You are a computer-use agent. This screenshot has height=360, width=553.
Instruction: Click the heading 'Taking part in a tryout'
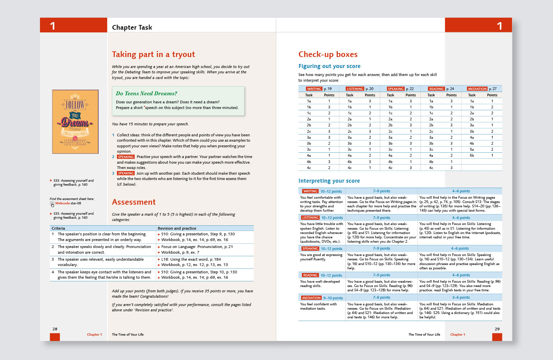coord(153,54)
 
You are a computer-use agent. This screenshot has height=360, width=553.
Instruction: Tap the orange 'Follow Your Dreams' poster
coord(75,122)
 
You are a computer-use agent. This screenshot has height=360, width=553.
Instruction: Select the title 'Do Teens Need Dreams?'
coord(147,94)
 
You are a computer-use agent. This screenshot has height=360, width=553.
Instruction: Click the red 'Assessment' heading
coord(134,202)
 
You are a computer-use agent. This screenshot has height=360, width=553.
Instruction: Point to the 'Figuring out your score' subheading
coord(329,66)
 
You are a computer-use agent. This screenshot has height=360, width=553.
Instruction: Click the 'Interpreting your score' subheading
coord(329,181)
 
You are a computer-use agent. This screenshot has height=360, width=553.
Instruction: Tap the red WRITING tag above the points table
coord(314,89)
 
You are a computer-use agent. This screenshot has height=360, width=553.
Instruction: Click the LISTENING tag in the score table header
coord(355,89)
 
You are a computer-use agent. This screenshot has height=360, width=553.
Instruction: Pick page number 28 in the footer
coord(55,329)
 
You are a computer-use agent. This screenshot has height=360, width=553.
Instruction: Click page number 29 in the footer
coord(497,329)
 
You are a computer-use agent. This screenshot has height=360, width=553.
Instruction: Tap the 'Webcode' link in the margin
coord(62,203)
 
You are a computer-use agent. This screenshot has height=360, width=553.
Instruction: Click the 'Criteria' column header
coord(58,228)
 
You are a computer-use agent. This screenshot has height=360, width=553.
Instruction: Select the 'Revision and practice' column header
coord(177,228)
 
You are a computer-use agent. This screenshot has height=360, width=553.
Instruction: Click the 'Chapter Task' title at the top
coord(132,27)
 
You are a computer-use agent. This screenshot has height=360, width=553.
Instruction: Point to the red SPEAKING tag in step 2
coord(126,157)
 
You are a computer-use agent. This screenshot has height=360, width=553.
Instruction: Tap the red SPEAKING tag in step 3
coord(126,173)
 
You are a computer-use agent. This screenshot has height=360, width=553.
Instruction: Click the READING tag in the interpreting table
coord(310,275)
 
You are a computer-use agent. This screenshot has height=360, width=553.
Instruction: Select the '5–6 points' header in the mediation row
coord(461,298)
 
